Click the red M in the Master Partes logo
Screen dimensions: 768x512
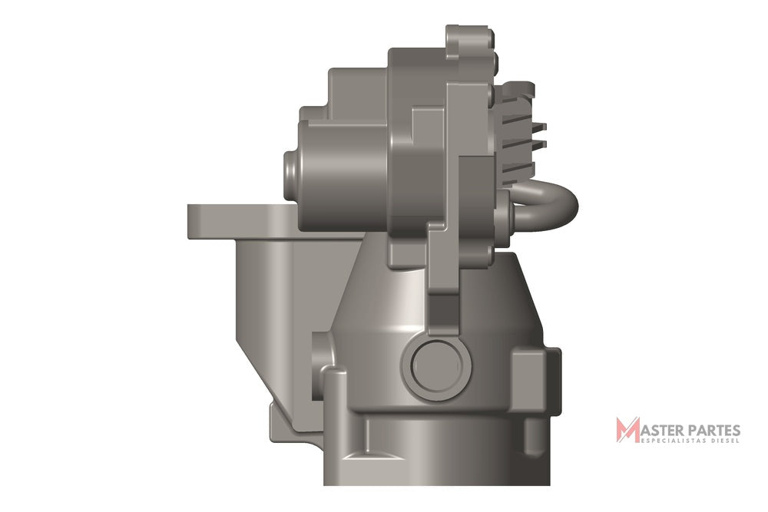(628, 430)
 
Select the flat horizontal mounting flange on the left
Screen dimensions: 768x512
(235, 221)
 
